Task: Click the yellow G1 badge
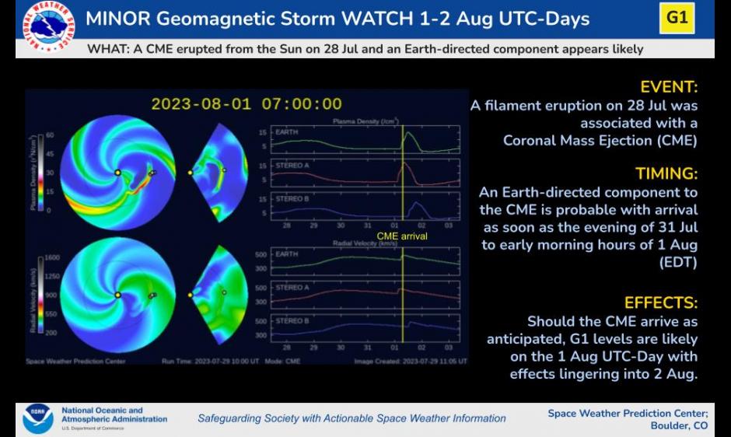tap(677, 18)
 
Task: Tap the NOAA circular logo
tap(38, 418)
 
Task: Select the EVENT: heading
tap(669, 87)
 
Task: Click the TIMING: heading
tap(666, 173)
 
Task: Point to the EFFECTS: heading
tap(661, 302)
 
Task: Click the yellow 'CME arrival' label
tap(401, 236)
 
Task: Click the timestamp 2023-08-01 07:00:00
tap(247, 104)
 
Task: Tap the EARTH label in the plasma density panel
tap(287, 132)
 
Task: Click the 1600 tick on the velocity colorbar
tap(51, 257)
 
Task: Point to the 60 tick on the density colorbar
tap(49, 135)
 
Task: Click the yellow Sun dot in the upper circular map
tap(117, 173)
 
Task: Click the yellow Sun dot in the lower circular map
tap(117, 295)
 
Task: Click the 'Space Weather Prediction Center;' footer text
tap(628, 413)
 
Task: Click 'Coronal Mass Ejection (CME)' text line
tap(600, 141)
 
